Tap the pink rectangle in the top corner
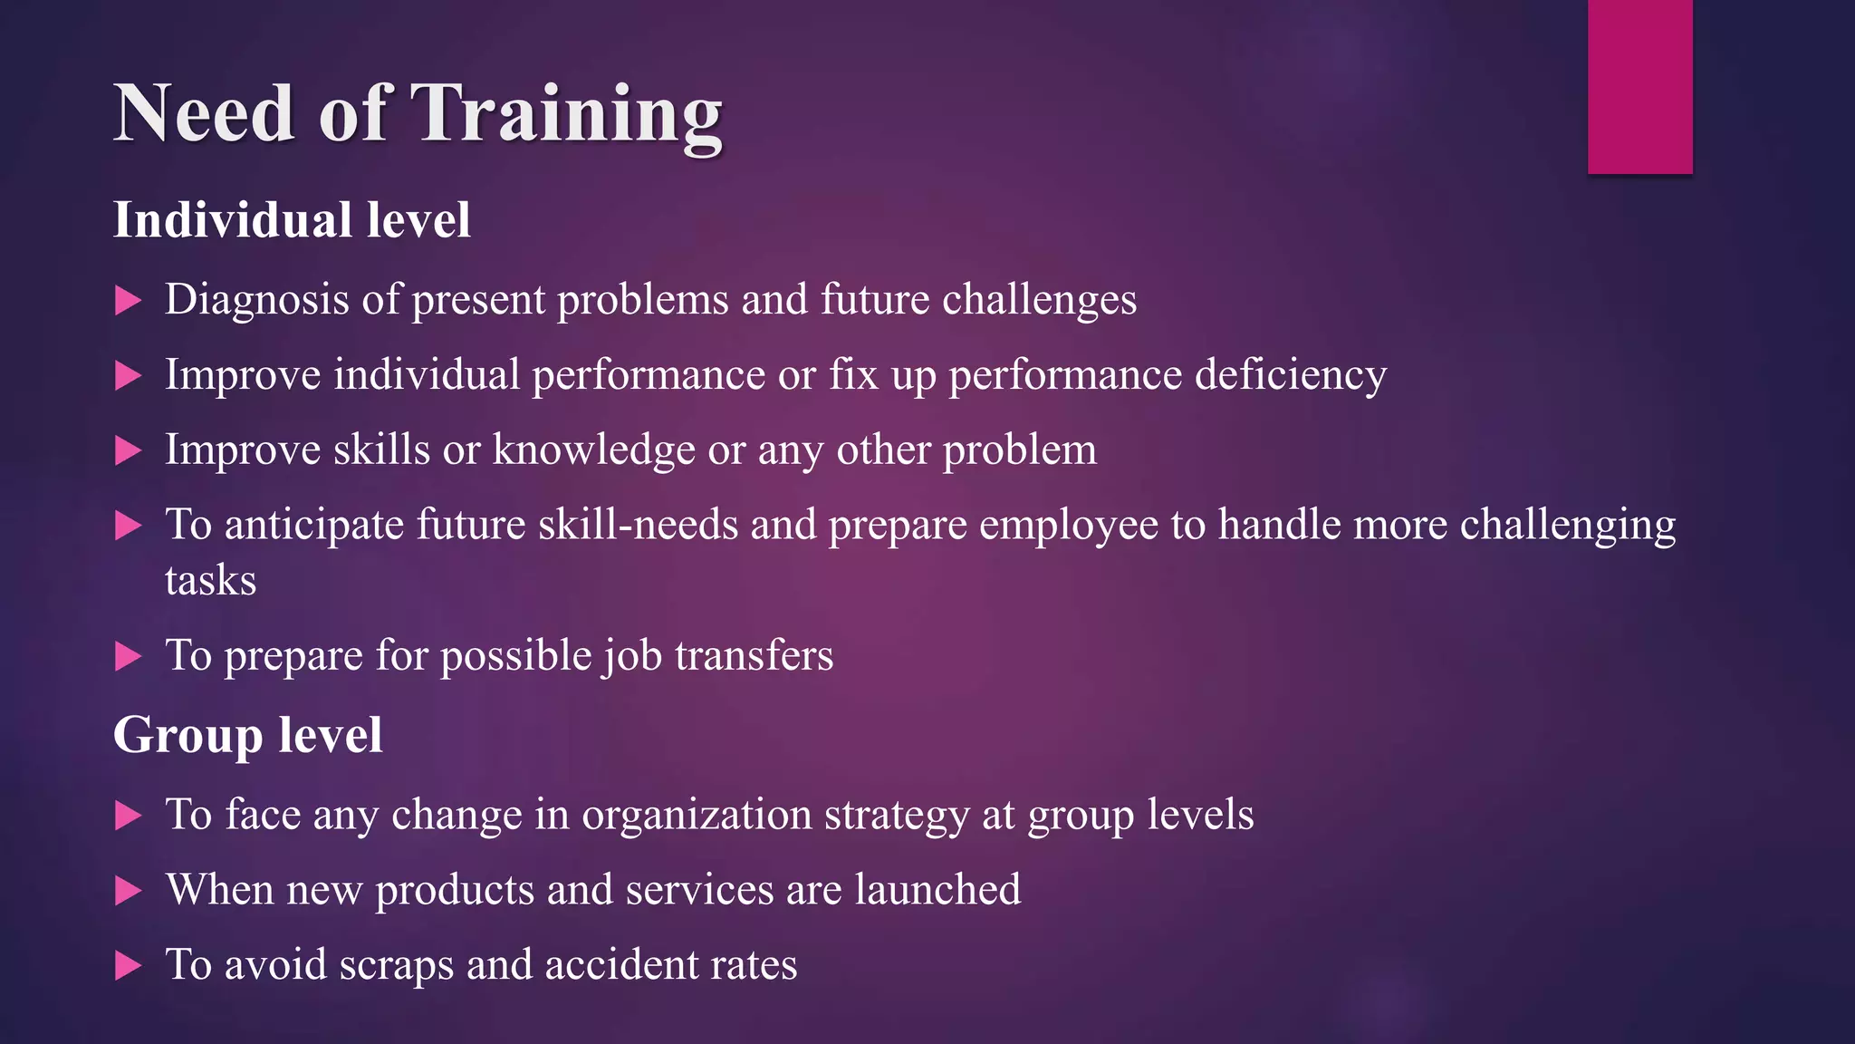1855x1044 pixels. click(x=1639, y=86)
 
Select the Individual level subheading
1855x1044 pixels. click(x=292, y=220)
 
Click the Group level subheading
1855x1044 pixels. click(x=247, y=734)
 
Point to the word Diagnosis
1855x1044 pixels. click(x=256, y=300)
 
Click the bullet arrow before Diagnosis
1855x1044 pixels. click(x=129, y=301)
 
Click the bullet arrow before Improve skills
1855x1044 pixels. click(x=129, y=450)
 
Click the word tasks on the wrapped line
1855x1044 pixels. click(x=210, y=581)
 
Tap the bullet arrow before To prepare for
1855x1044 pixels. click(x=129, y=656)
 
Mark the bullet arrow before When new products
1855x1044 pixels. click(x=129, y=891)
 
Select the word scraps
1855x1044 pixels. click(x=396, y=965)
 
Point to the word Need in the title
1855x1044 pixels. click(x=204, y=115)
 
